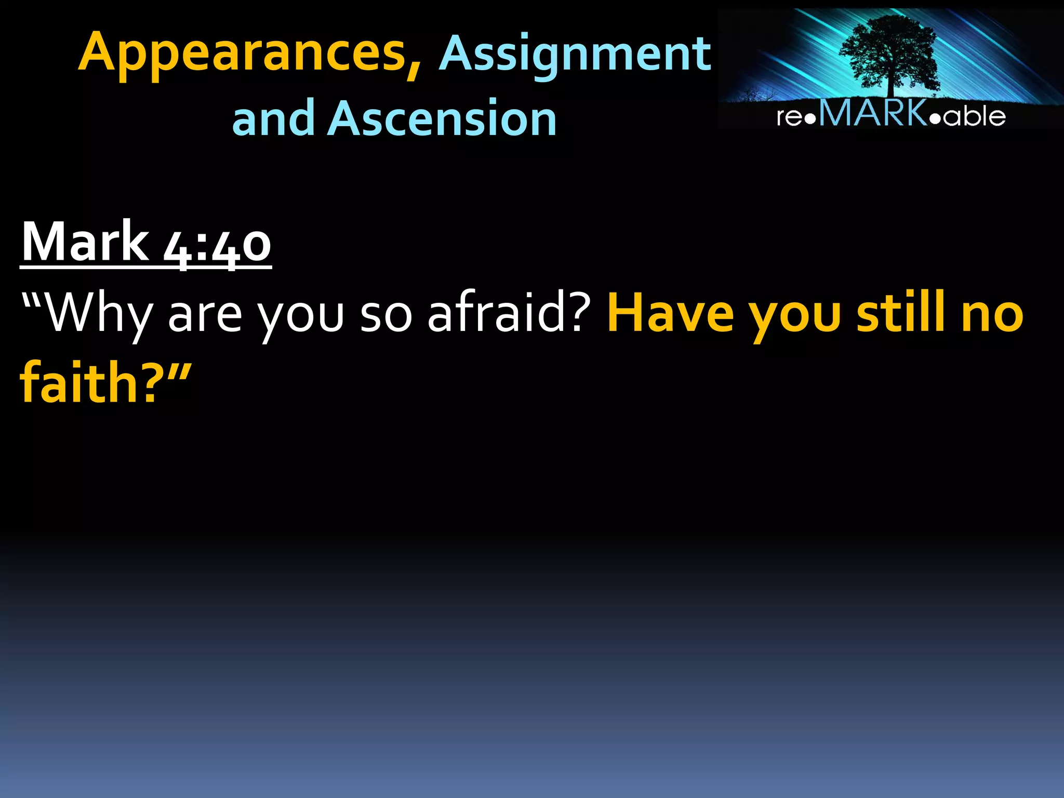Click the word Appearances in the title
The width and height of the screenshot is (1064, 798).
coord(242,54)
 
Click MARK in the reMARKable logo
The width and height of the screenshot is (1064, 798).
coord(873,113)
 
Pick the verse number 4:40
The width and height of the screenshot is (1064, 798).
coord(217,244)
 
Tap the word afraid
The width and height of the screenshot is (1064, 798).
coord(496,313)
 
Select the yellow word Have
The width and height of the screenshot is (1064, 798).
coord(671,314)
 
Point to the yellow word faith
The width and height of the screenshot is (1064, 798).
coord(78,383)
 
